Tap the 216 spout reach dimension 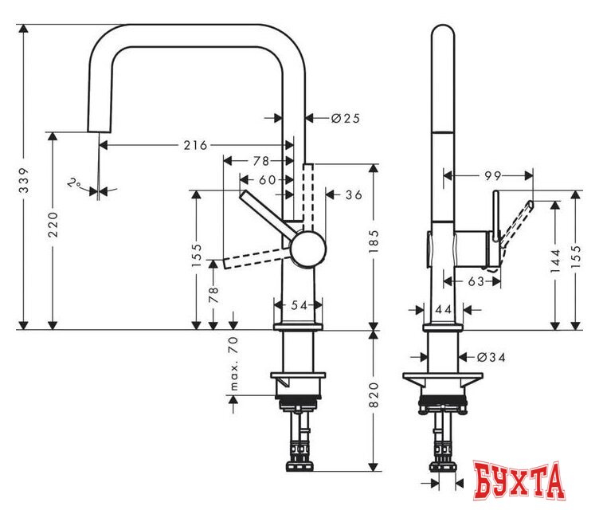[x=195, y=145]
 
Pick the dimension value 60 [x=267, y=179]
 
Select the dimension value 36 [x=354, y=194]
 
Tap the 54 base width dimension [x=299, y=304]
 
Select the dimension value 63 [x=476, y=280]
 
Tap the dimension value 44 [x=444, y=308]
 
